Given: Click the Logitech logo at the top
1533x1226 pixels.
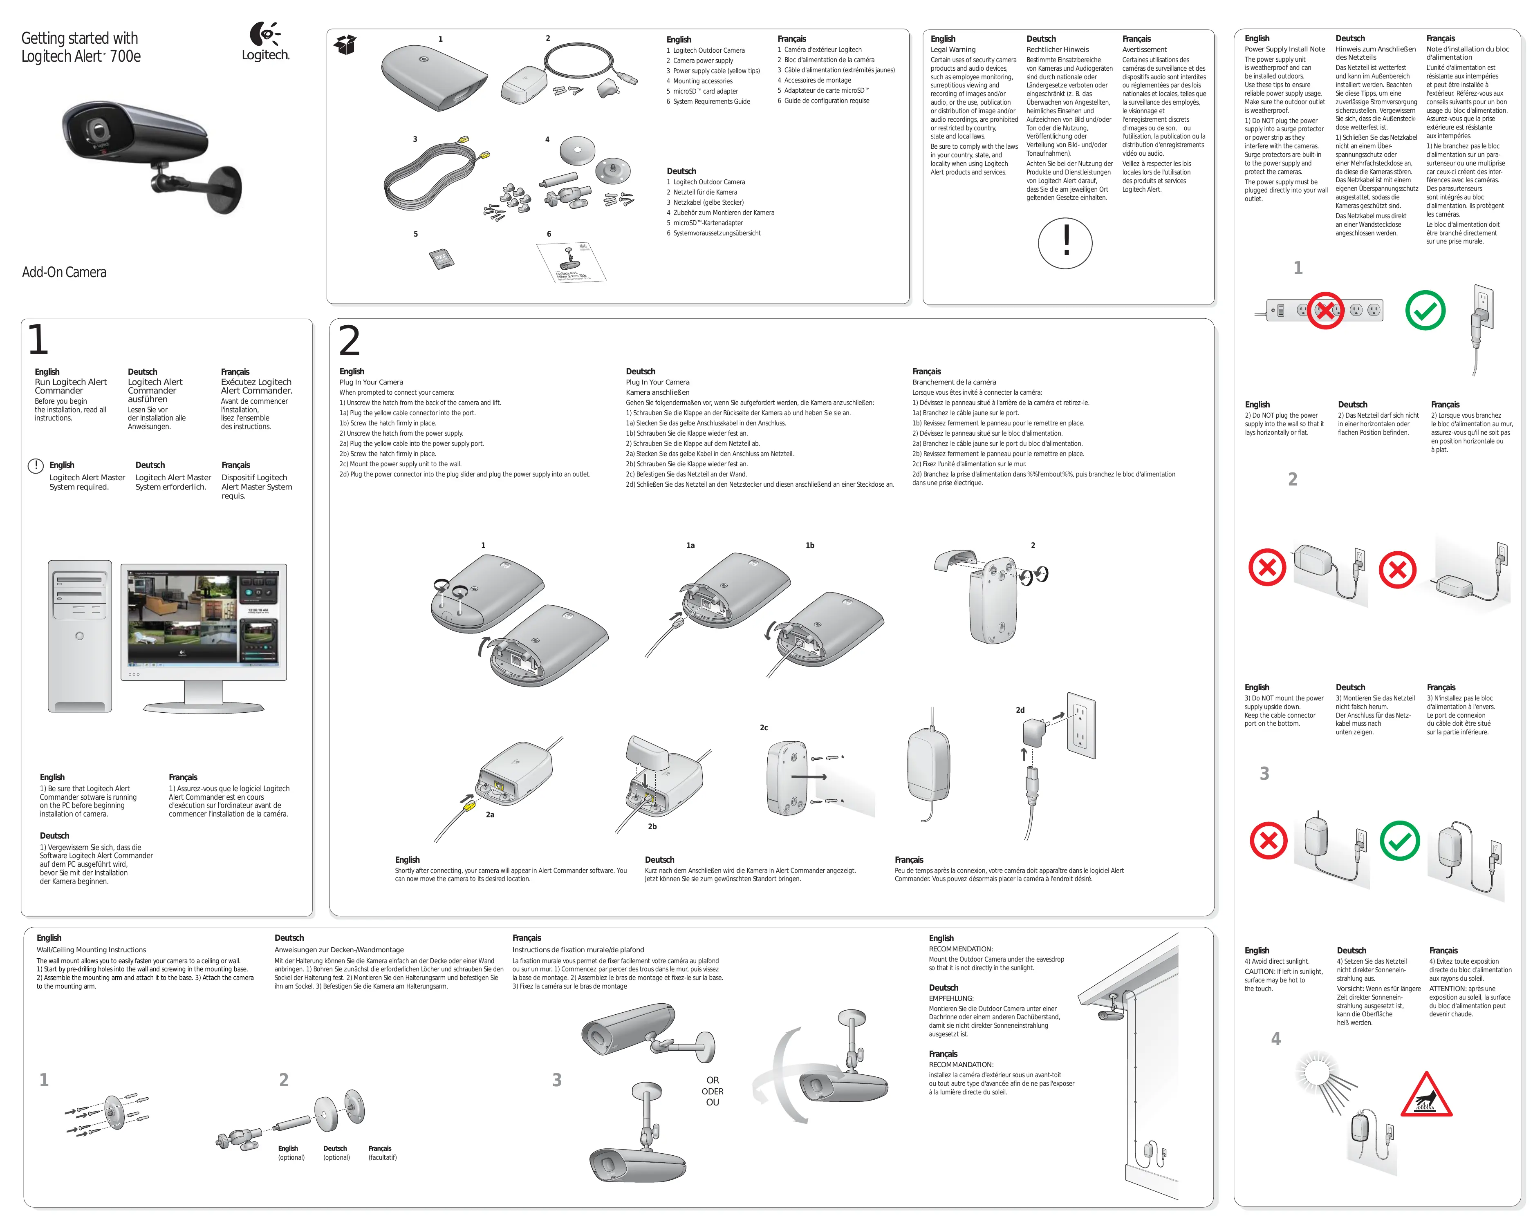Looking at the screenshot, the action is pyautogui.click(x=265, y=41).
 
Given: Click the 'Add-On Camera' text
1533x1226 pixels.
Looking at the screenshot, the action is pyautogui.click(x=64, y=272).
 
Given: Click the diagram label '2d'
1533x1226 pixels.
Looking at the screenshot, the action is pyautogui.click(x=1020, y=710).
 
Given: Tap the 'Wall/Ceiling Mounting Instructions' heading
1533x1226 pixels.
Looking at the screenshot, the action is pyautogui.click(x=91, y=949).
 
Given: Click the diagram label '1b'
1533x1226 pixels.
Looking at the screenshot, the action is pyautogui.click(x=809, y=545).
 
